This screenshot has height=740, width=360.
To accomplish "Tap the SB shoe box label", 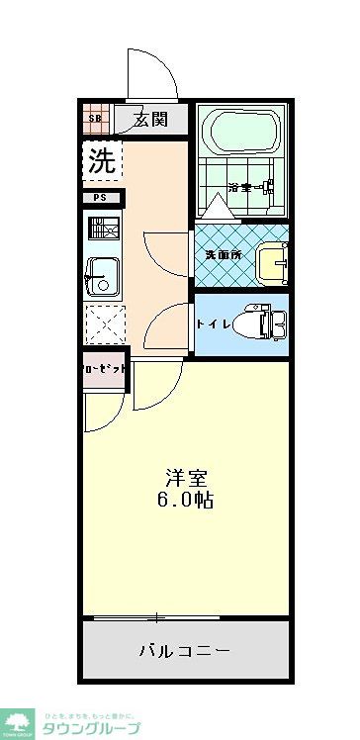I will [x=96, y=120].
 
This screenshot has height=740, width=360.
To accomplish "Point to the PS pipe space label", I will [x=101, y=197].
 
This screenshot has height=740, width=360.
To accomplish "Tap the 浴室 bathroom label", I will [x=240, y=187].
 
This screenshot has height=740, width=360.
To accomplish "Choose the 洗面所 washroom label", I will [x=223, y=254].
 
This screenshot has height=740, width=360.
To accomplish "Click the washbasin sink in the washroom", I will [x=272, y=260].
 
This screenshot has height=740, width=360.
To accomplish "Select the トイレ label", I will [x=214, y=324].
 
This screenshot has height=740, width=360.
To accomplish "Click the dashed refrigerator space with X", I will [x=104, y=324].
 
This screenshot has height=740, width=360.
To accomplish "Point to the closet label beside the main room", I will [x=104, y=368].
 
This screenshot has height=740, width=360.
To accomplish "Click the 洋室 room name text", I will [x=185, y=475].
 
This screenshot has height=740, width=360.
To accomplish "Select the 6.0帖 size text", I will [x=185, y=500].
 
